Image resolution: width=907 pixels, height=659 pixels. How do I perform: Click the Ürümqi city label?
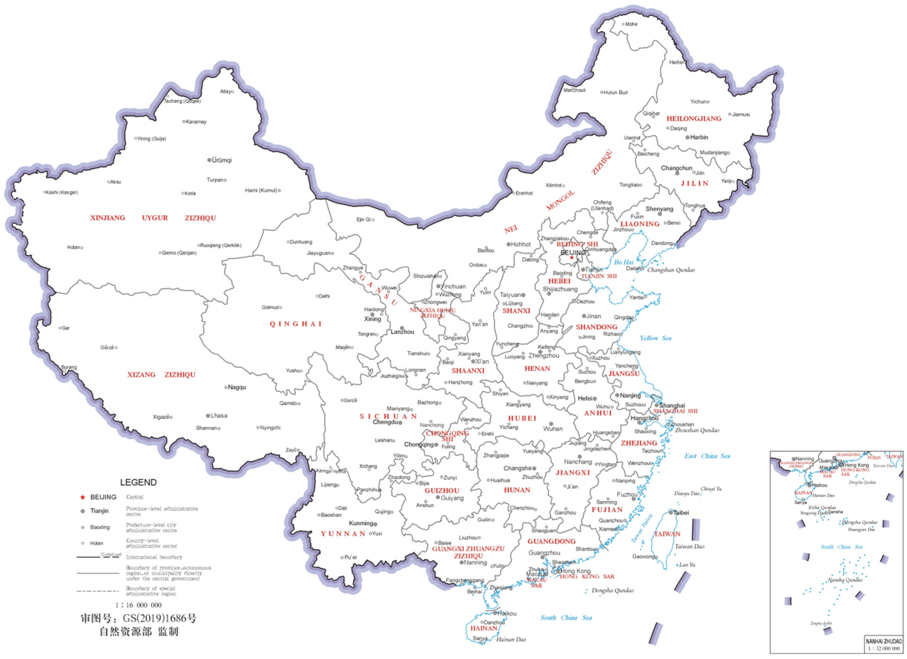(222, 160)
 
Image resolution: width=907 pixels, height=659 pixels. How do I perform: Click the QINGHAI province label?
(296, 324)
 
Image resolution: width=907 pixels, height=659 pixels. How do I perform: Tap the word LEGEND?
(138, 482)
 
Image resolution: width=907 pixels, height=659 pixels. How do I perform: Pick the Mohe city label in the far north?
(632, 24)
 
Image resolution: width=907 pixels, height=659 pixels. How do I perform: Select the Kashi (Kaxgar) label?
(62, 192)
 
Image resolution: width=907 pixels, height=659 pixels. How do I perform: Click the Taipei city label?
(681, 513)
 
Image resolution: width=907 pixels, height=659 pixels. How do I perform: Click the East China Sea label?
(707, 456)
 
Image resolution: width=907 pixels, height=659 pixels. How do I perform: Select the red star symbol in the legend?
(83, 497)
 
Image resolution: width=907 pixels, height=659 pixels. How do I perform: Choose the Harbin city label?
(699, 137)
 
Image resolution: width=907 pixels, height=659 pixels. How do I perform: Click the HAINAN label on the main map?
(484, 628)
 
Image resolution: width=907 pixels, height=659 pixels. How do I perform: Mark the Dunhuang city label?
(301, 242)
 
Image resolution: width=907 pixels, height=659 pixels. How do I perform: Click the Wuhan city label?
(553, 429)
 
